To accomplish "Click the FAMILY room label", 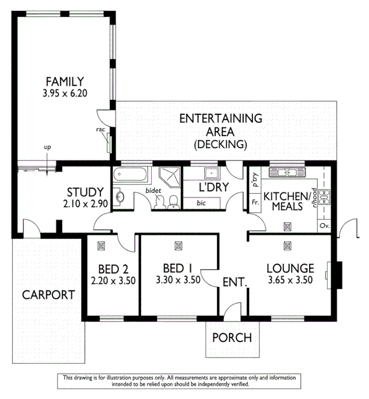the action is [x=65, y=81].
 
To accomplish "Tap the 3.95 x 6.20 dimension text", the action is [x=65, y=93].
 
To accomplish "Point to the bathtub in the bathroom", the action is [x=130, y=175].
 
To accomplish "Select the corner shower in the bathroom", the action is [x=169, y=177].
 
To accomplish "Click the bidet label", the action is [x=153, y=191].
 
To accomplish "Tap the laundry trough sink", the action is [x=212, y=173].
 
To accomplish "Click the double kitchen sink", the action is [x=287, y=173].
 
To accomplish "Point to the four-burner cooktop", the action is [x=324, y=197].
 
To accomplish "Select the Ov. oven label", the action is [x=325, y=226].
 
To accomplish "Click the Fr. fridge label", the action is [x=255, y=202].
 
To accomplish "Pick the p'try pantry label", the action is [x=256, y=180].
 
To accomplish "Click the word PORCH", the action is [x=232, y=338].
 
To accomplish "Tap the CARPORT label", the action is [x=48, y=295].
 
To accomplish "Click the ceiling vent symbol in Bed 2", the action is [x=101, y=246].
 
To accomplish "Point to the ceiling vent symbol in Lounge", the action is [x=288, y=246].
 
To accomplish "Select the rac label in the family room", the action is [x=100, y=130].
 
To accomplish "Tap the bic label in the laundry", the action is [x=201, y=203].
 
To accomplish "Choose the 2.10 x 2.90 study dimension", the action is [x=86, y=204].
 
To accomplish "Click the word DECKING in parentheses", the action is [x=220, y=144].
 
